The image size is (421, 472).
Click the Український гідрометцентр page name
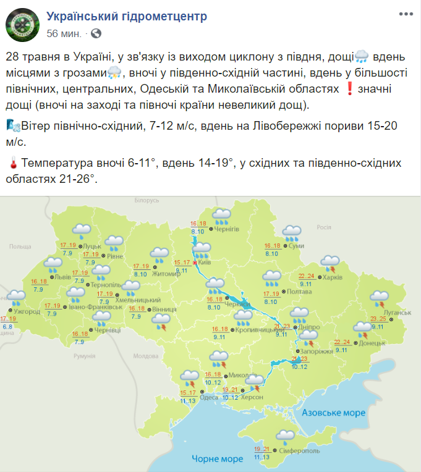pos(127,16)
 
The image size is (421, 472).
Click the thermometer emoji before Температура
pos(12,164)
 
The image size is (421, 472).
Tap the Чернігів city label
pos(226,229)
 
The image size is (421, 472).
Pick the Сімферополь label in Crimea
pos(300,451)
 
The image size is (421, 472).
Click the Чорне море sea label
pos(216,459)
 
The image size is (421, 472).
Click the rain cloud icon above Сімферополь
pos(285,437)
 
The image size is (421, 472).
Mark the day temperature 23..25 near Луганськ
pos(378,319)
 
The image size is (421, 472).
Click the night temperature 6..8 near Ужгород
pos(7,326)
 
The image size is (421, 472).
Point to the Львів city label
pos(62,277)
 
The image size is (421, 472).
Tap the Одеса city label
pos(208,397)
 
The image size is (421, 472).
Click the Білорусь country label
pos(147,200)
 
